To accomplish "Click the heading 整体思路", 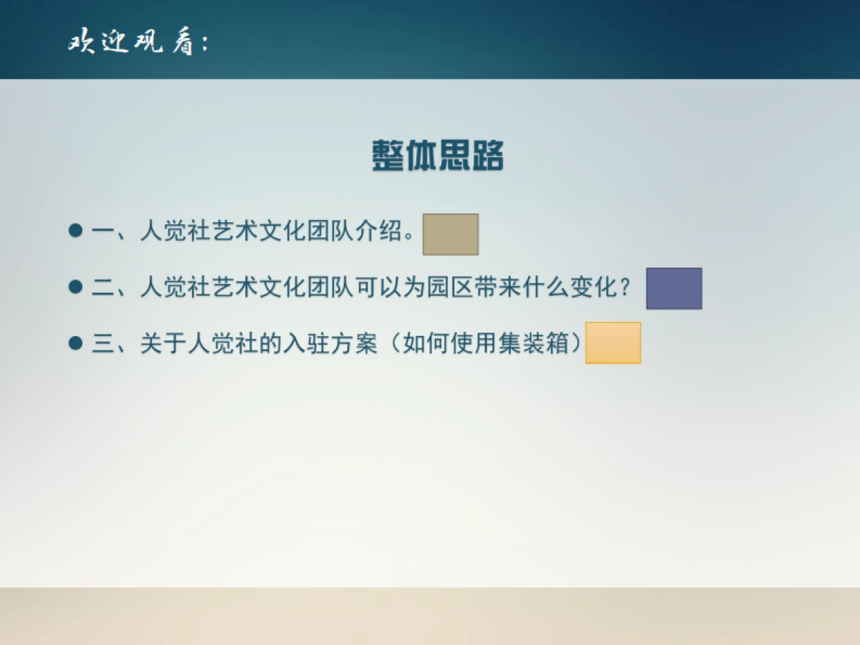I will point(438,156).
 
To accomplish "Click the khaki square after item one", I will point(450,234).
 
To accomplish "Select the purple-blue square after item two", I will point(674,289).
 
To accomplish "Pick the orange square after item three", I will point(613,343).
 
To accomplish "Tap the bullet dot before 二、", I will point(75,287).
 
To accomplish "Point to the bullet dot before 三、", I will point(75,343).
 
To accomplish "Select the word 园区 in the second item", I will point(449,288).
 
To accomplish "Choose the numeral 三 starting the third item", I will point(103,344).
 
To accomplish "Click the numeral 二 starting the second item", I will point(103,288).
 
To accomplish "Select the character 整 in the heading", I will point(388,156).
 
